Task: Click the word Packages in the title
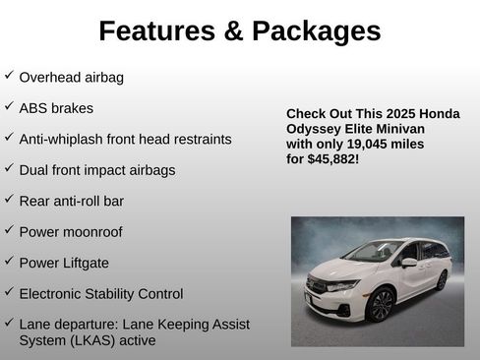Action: pos(316,31)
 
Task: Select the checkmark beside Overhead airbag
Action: pos(9,75)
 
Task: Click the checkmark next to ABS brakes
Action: pos(9,106)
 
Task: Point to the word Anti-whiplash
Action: pos(63,139)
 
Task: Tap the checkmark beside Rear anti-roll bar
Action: pos(9,199)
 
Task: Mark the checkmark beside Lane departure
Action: pos(9,322)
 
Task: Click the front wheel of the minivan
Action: pos(379,305)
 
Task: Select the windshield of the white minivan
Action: pos(372,252)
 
